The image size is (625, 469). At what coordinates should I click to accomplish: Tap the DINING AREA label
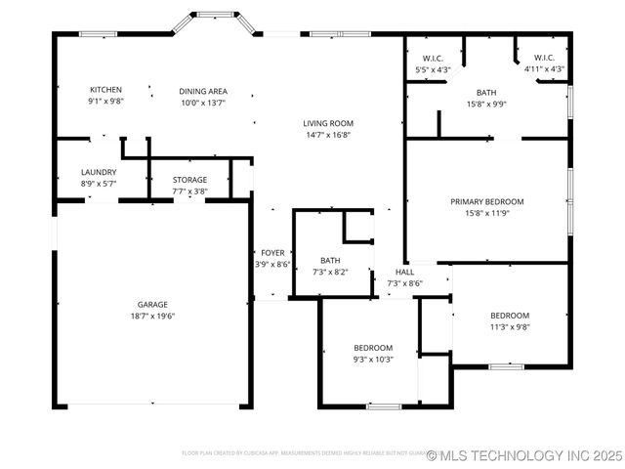coord(203,91)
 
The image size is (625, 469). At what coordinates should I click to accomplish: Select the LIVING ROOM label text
coord(327,123)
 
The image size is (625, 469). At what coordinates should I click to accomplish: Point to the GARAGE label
coord(152,304)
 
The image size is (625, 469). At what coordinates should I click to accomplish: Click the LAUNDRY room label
coord(99,172)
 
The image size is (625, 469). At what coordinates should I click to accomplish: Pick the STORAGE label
coord(189,180)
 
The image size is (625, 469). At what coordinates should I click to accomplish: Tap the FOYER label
coord(272,252)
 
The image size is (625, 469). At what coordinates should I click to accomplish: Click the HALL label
coord(404,272)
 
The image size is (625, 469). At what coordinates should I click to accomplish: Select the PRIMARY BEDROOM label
coord(486,201)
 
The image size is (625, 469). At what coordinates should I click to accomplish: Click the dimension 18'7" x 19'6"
coord(152,316)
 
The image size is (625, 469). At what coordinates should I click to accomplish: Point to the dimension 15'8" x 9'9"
coord(486,104)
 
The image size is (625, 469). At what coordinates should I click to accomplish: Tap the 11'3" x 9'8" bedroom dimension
coord(509,327)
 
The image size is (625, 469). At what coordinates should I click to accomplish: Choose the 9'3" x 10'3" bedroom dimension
coord(372,360)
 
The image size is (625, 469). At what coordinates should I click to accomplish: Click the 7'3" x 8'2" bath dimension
coord(330,272)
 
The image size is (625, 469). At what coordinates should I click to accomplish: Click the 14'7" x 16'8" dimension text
coord(327,135)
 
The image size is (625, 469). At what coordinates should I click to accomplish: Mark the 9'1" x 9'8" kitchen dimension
coord(105,102)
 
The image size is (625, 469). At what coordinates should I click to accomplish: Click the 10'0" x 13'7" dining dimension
coord(203,102)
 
